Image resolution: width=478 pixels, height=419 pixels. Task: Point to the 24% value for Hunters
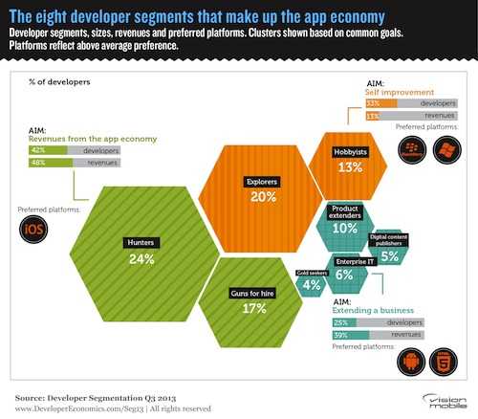coord(141,258)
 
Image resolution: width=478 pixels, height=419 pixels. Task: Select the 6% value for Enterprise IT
coord(344,274)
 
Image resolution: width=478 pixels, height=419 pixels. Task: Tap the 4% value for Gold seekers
coord(312,284)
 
